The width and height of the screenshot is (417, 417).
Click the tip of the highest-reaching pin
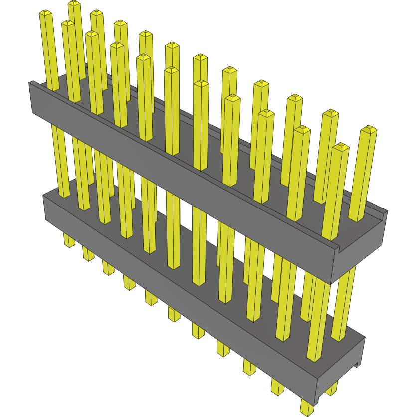pyautogui.click(x=74, y=3)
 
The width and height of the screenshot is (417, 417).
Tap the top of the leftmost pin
pyautogui.click(x=45, y=13)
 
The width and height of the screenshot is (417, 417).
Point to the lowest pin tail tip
pyautogui.click(x=307, y=412)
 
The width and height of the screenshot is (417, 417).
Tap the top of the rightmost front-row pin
pyautogui.click(x=341, y=147)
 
